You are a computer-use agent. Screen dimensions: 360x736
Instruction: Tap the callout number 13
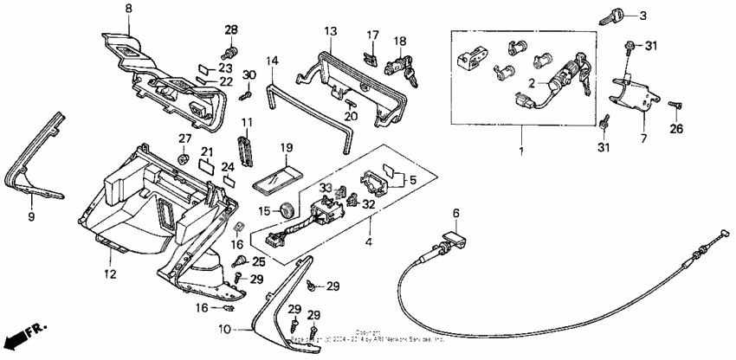tap(331, 31)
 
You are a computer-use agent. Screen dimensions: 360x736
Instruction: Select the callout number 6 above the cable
tap(455, 213)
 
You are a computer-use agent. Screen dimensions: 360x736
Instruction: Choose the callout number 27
tap(184, 138)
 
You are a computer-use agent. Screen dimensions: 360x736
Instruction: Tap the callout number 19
tap(287, 148)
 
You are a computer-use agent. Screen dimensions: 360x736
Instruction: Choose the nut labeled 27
tap(184, 158)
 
